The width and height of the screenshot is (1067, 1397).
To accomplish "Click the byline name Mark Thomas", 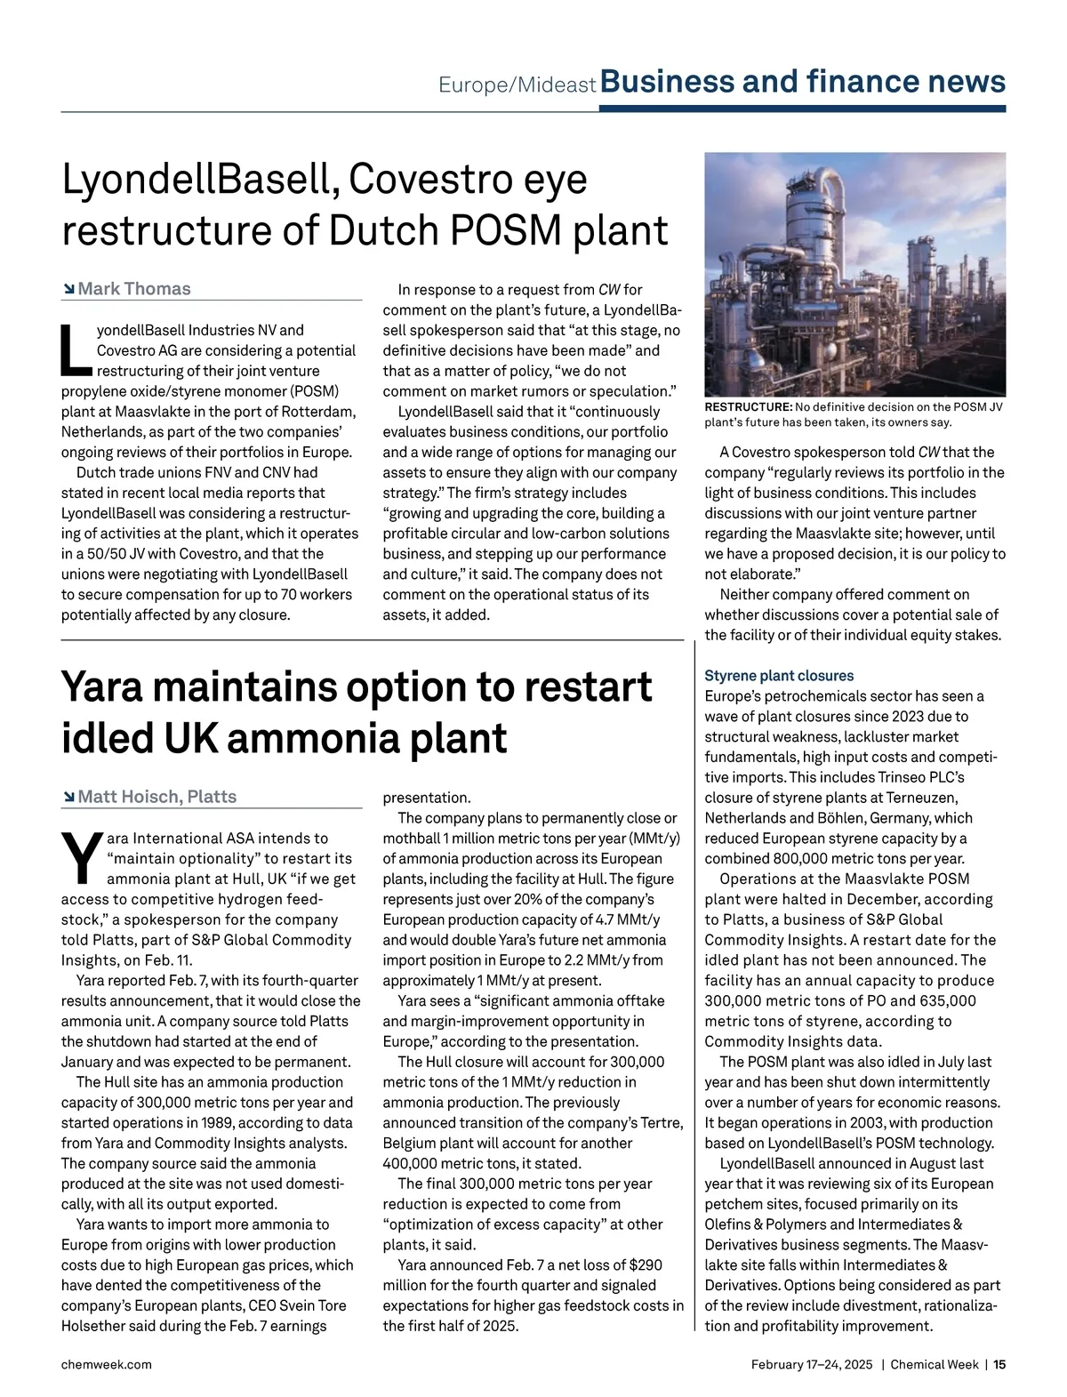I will tap(133, 289).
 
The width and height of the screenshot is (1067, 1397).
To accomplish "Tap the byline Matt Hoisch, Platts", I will tap(156, 797).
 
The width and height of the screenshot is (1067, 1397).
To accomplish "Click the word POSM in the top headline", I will tap(505, 230).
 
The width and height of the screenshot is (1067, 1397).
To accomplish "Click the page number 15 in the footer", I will tap(999, 1365).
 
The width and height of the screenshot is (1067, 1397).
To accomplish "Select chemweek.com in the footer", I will tap(106, 1365).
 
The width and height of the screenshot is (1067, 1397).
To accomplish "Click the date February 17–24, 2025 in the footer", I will tap(812, 1365).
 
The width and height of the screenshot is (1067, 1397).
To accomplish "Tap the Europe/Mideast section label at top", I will tap(517, 85).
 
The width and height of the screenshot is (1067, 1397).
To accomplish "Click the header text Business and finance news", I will tap(803, 82).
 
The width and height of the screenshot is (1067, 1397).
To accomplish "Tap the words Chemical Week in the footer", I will tap(935, 1365).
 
